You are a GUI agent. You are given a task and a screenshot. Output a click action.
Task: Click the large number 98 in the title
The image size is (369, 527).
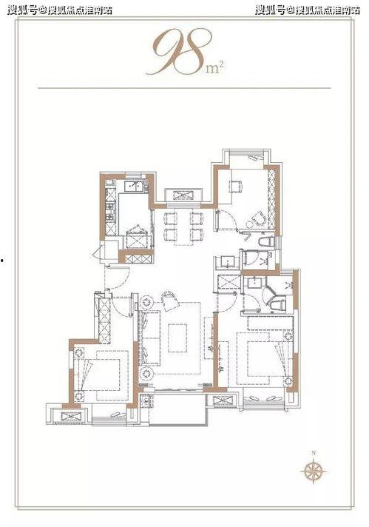click(179, 51)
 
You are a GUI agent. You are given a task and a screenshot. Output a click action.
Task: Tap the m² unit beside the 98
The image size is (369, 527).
click(214, 68)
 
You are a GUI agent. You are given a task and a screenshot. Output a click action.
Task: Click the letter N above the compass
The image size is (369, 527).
click(314, 453)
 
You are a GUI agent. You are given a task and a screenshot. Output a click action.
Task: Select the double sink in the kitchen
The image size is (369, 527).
click(134, 187)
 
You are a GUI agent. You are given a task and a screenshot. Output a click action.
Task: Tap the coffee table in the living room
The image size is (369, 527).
click(177, 338)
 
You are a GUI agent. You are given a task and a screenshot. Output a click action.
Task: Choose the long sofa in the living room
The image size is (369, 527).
click(150, 338)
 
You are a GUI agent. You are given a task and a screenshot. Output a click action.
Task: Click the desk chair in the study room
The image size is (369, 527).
click(236, 186)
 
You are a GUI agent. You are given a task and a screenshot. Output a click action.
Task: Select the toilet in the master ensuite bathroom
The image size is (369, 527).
click(278, 305)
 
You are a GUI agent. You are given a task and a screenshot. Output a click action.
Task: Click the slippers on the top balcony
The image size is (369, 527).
click(256, 158)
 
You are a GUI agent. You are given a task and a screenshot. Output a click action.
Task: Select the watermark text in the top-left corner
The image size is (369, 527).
click(60, 10)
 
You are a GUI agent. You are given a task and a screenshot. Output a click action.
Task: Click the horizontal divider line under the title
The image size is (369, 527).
click(184, 88)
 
